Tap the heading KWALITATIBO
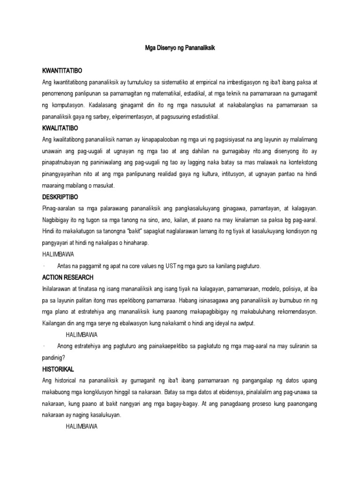(60, 127)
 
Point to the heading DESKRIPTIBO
(60, 196)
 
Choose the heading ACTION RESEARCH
(67, 277)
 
